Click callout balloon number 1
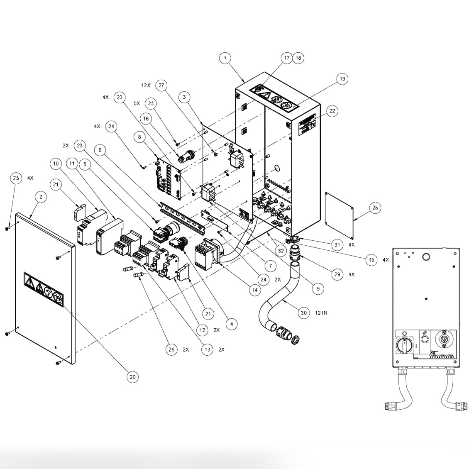225,58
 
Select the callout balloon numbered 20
132,377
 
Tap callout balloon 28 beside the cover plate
374,208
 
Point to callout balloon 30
304,313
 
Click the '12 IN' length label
321,313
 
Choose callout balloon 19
342,79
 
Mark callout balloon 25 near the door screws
15,178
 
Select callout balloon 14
254,290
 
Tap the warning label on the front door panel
44,292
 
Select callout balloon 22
332,111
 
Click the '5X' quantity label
136,103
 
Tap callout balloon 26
171,349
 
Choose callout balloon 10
56,164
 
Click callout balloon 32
281,250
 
